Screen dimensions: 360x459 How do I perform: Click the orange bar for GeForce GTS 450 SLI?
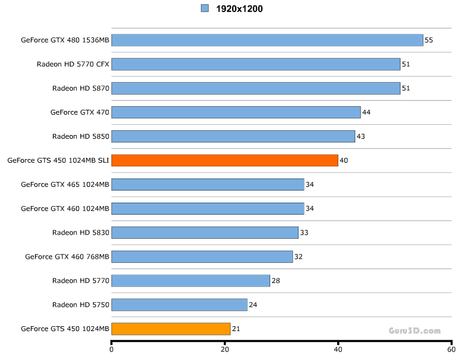coord(224,160)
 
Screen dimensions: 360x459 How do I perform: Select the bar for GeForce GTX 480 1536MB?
coord(267,40)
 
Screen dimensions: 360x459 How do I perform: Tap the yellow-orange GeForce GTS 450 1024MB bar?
coord(171,329)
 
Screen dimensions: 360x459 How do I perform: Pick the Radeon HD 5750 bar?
coord(179,305)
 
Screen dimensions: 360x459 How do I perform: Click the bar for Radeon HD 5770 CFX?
coord(256,64)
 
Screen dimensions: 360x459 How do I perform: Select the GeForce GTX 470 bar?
coord(236,112)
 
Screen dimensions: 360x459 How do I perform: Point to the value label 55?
coord(429,40)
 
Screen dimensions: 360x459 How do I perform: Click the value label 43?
coord(361,136)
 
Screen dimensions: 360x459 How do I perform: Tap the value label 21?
coord(236,329)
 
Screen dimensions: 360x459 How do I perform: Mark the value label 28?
coord(276,280)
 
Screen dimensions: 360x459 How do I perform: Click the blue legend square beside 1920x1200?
coord(204,8)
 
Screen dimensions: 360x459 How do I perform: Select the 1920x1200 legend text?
coord(239,9)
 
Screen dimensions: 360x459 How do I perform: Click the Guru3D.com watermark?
coord(414,330)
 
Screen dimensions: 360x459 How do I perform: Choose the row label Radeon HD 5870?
coord(81,88)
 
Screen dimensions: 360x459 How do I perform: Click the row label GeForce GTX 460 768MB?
coord(67,256)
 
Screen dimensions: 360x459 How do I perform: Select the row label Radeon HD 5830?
coord(81,232)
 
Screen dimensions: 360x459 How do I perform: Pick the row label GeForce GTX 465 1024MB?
coord(65,185)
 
